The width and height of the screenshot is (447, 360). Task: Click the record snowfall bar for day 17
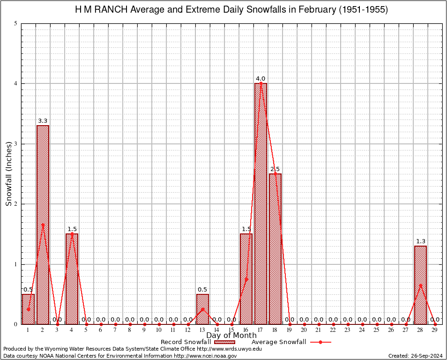[261, 204]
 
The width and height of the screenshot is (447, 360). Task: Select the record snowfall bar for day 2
[43, 225]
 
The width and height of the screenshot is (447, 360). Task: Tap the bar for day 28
[420, 285]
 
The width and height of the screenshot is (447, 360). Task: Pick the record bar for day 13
[202, 309]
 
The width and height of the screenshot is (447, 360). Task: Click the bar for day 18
[276, 249]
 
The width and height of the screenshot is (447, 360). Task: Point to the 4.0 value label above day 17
[261, 78]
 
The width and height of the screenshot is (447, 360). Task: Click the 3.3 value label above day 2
[43, 120]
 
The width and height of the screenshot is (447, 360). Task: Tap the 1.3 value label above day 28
[420, 241]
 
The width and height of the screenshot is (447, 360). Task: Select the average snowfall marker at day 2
[43, 225]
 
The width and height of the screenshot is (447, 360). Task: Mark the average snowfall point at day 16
[246, 279]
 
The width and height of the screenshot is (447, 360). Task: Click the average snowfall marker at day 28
[420, 285]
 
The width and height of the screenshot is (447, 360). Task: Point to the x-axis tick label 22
[333, 330]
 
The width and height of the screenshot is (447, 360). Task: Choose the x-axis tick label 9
[144, 330]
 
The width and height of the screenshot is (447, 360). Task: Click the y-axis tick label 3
[16, 144]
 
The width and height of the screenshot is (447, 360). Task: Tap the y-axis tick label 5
[16, 23]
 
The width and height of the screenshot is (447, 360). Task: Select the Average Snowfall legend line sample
[320, 342]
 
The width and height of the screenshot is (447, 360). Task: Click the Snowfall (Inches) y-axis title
[9, 173]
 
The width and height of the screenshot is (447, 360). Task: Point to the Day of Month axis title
[231, 336]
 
